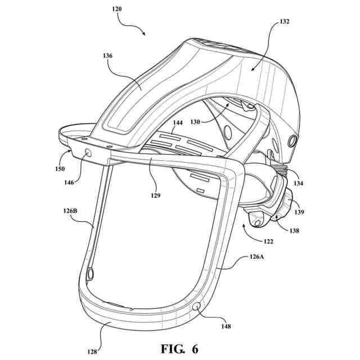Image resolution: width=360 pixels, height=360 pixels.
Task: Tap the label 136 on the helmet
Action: coord(107,56)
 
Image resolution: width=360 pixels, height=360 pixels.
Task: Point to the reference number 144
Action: coord(178,123)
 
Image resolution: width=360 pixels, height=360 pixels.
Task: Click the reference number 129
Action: coord(155,196)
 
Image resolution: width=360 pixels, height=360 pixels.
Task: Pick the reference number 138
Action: coord(293,230)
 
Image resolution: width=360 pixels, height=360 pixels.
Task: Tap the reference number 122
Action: coord(269,241)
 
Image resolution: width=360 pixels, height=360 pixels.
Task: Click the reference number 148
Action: coord(225,325)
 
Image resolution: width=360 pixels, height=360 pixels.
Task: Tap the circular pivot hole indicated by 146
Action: coord(88,154)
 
